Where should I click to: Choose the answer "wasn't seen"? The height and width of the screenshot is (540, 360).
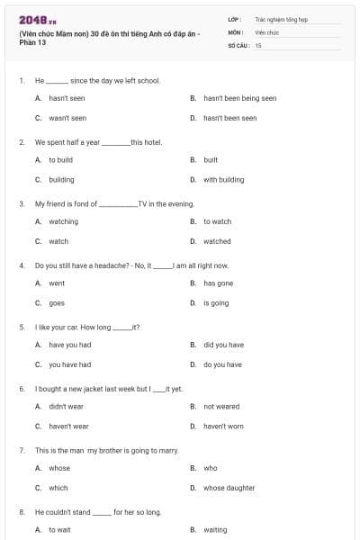click(x=67, y=118)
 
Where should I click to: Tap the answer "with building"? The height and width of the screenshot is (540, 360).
click(x=223, y=179)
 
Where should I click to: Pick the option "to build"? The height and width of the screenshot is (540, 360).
click(x=61, y=159)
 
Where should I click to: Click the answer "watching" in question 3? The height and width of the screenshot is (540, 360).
click(x=64, y=221)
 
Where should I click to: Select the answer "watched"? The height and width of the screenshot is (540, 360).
click(x=217, y=241)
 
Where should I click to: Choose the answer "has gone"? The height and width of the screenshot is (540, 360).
click(x=219, y=283)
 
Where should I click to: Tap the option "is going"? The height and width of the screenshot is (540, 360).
click(x=216, y=302)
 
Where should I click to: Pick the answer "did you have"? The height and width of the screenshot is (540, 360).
click(x=223, y=345)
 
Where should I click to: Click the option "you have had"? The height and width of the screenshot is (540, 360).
click(x=69, y=364)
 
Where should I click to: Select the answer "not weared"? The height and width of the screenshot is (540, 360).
click(x=221, y=406)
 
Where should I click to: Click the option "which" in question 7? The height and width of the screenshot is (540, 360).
click(x=58, y=488)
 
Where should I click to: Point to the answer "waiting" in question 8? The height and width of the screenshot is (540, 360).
click(x=216, y=530)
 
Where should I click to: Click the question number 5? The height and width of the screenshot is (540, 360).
click(x=21, y=327)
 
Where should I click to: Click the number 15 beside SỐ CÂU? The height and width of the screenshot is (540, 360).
click(x=258, y=44)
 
